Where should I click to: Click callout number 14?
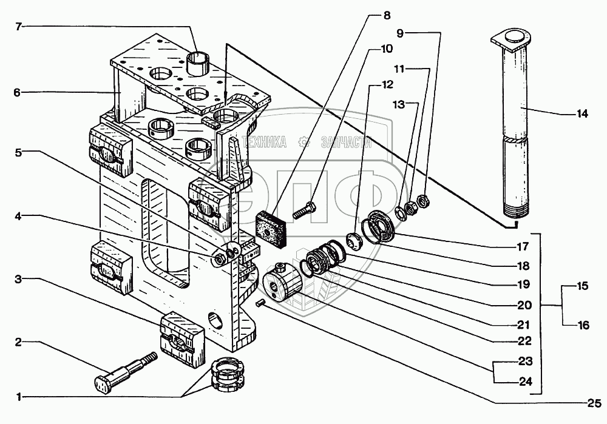(582, 113)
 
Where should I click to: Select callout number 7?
(19, 27)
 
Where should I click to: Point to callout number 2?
(19, 342)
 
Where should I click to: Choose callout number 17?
(523, 247)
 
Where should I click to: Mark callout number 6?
(18, 92)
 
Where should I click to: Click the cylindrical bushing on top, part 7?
(200, 63)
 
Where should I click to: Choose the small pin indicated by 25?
(259, 301)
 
